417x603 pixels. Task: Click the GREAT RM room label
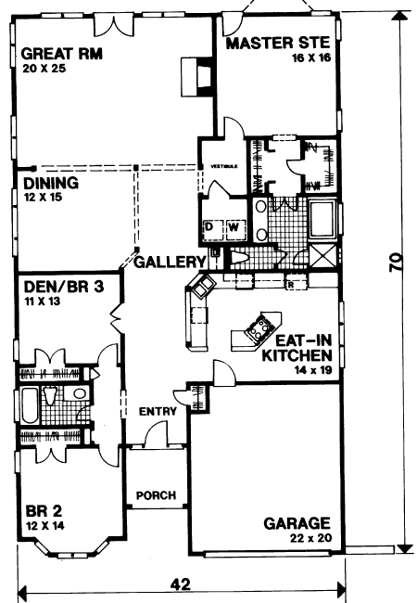(62, 54)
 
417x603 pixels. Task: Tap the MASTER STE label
(278, 43)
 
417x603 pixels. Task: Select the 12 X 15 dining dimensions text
(43, 198)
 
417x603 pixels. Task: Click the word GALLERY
(171, 262)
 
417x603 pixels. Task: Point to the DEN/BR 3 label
(64, 287)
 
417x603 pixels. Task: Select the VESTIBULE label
(224, 166)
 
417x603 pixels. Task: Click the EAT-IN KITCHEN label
(297, 348)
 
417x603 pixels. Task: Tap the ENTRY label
(158, 412)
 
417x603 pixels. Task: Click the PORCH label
(157, 495)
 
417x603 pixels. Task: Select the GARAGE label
(297, 524)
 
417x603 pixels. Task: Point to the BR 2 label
(44, 511)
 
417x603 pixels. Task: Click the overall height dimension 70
(397, 263)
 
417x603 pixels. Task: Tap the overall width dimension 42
(181, 585)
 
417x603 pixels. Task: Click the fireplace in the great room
(196, 77)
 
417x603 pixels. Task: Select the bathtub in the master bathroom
(322, 219)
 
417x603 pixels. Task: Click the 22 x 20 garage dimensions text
(311, 538)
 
